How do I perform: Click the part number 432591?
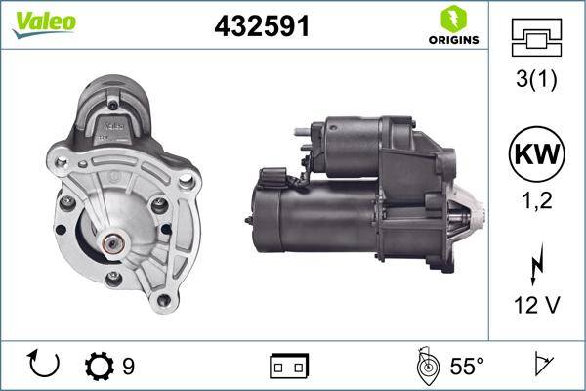(261, 27)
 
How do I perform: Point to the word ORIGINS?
(453, 40)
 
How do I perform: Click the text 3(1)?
(535, 81)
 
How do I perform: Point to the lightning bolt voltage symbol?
(535, 265)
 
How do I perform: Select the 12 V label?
(535, 306)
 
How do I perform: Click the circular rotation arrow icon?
(45, 366)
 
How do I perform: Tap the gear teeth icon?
(100, 367)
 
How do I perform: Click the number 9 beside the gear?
(129, 367)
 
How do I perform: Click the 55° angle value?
(466, 367)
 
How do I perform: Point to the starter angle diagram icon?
(426, 366)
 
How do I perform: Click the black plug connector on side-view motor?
(274, 179)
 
